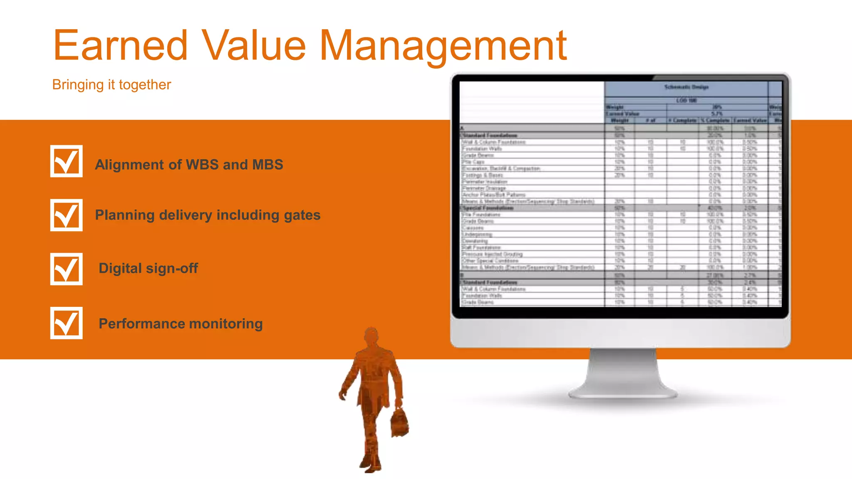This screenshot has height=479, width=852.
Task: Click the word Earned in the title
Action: tap(121, 45)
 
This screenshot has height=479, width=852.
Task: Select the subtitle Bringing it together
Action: tap(111, 85)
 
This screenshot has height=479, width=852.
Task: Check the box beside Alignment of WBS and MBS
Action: tap(67, 161)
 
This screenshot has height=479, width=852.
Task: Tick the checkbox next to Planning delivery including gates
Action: tap(67, 215)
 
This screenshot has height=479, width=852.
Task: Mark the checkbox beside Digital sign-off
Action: tap(67, 269)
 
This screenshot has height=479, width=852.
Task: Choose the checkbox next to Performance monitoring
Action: tap(67, 323)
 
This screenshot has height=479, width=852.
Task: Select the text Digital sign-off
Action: tap(148, 269)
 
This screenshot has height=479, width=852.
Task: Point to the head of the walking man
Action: tap(371, 336)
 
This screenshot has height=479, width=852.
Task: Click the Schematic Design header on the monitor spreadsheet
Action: tap(686, 87)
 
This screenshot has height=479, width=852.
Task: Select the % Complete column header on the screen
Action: tap(715, 121)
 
